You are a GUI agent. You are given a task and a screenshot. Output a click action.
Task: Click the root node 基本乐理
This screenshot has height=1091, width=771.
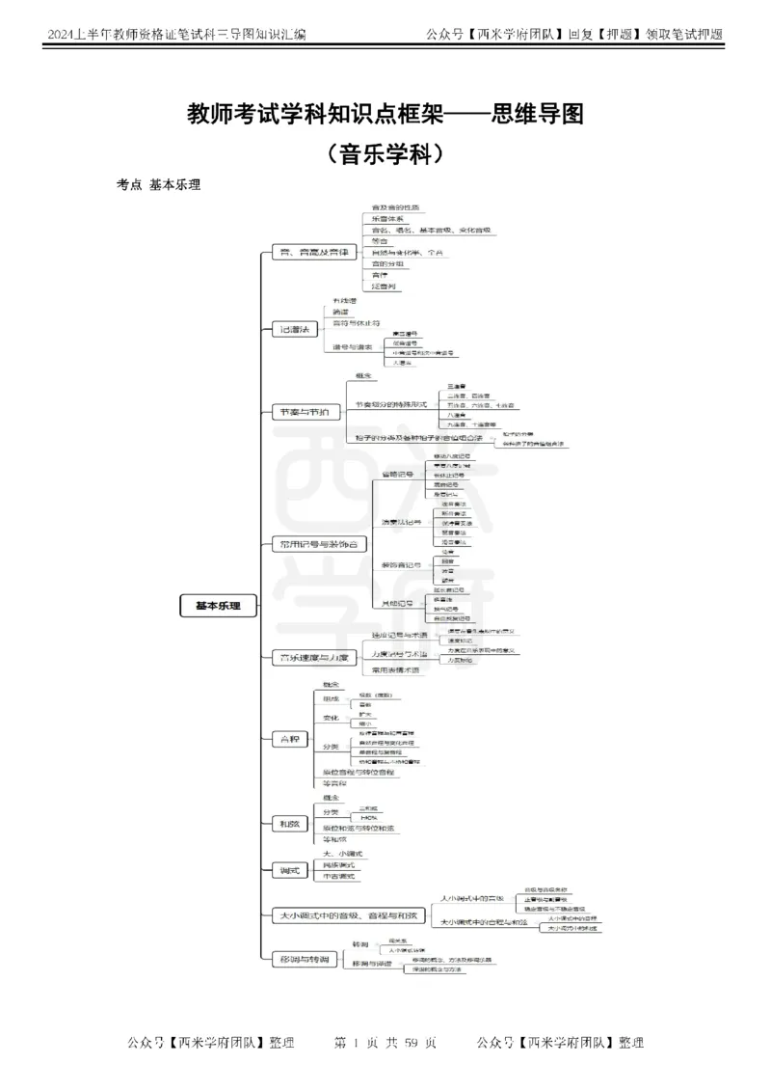pyautogui.click(x=218, y=607)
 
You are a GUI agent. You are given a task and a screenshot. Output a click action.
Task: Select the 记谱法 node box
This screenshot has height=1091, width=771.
pyautogui.click(x=294, y=330)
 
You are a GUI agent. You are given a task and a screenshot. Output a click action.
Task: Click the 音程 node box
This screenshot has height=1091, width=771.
pyautogui.click(x=289, y=739)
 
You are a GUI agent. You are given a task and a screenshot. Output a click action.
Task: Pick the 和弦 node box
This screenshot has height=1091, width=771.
pyautogui.click(x=289, y=823)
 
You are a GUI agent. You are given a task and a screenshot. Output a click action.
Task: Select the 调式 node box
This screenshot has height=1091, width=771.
pyautogui.click(x=289, y=871)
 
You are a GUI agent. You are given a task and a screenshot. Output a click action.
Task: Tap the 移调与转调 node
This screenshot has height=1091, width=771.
pyautogui.click(x=303, y=960)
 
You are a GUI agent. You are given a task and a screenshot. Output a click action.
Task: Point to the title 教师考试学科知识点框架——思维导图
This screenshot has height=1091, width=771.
pyautogui.click(x=385, y=116)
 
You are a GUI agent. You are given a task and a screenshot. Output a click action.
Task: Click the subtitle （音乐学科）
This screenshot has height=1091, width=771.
pyautogui.click(x=385, y=152)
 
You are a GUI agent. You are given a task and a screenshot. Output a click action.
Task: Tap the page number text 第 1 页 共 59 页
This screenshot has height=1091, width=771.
pyautogui.click(x=385, y=1043)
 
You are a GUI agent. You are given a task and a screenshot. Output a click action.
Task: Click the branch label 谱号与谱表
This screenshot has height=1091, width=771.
pyautogui.click(x=353, y=347)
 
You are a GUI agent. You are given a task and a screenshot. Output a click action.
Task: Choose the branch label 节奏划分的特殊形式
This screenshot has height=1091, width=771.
pyautogui.click(x=390, y=404)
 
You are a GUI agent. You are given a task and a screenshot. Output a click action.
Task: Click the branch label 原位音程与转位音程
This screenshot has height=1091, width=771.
pyautogui.click(x=359, y=773)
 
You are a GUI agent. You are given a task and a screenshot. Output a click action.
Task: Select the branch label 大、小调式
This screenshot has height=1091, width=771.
pyautogui.click(x=342, y=854)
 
